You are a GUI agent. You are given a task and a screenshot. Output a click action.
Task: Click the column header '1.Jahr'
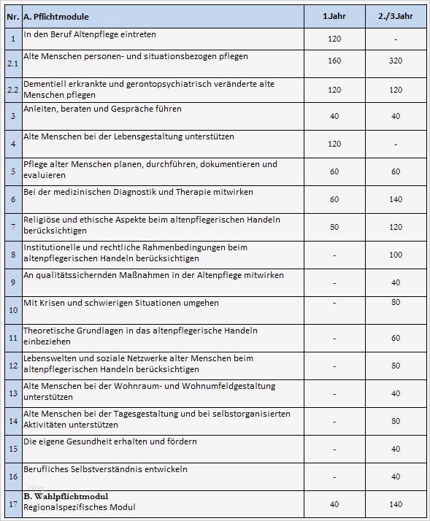coord(334,16)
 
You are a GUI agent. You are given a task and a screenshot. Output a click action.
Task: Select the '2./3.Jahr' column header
coord(396,16)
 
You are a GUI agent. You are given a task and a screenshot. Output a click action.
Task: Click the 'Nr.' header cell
coord(12,16)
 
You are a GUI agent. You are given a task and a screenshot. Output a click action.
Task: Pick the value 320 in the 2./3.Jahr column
coord(396,61)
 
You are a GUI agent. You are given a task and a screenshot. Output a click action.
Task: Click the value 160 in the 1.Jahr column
coord(334,61)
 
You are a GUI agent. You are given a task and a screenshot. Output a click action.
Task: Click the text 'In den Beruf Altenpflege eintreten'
coord(90,34)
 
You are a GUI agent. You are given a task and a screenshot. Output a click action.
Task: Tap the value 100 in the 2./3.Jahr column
coord(396,255)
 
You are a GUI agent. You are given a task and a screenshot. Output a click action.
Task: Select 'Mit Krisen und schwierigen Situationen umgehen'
coord(121,303)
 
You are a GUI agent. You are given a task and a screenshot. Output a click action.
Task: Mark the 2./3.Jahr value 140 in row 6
coord(396,199)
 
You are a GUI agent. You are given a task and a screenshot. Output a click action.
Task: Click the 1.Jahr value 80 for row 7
coord(334,227)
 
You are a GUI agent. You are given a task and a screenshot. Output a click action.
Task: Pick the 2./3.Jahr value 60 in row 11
coord(396,338)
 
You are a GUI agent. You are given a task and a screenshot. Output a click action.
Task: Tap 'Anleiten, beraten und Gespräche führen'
coord(103,109)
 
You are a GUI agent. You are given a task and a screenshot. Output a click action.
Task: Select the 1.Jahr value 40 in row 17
coord(334,504)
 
